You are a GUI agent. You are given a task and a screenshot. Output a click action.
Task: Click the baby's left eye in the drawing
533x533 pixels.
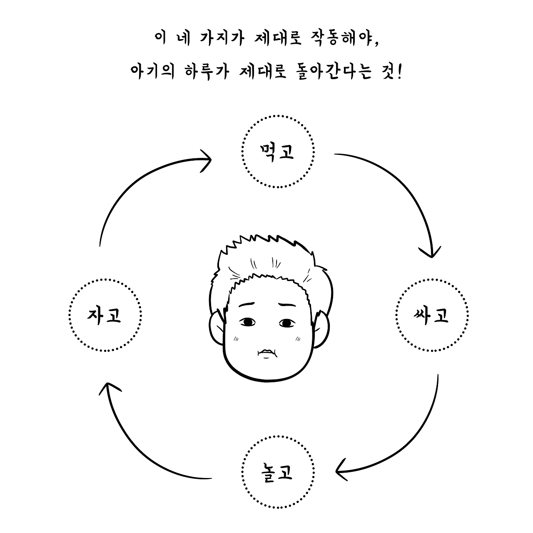click(x=247, y=322)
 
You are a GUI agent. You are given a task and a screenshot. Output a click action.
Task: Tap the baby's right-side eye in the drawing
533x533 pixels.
click(x=287, y=323)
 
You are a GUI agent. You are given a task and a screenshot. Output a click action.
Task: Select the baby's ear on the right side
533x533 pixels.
click(x=321, y=329)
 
